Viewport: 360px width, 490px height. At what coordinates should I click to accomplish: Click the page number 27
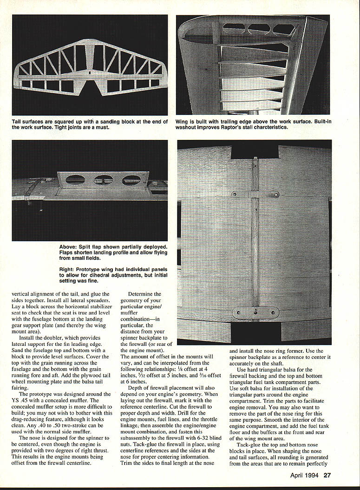(327, 475)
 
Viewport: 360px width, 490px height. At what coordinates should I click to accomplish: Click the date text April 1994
(302, 475)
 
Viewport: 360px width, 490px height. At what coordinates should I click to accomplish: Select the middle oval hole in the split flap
(103, 180)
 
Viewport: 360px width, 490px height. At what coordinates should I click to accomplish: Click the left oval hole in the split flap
(75, 179)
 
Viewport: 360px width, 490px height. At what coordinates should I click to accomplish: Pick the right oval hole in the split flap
(131, 180)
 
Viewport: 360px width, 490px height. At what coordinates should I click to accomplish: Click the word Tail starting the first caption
(19, 122)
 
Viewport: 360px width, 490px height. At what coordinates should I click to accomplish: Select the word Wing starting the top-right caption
(183, 122)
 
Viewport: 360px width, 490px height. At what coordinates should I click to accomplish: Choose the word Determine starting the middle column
(143, 293)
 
